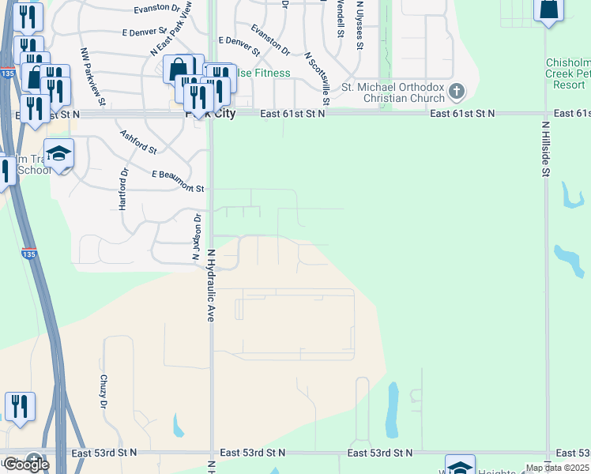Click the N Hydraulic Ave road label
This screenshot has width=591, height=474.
[211, 284]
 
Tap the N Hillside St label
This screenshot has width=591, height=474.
[545, 148]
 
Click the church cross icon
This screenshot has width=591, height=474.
[456, 92]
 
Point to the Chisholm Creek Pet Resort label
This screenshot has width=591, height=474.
[567, 73]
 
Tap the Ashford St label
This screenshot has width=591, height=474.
[138, 141]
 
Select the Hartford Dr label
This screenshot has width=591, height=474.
[123, 190]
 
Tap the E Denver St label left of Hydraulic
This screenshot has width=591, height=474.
[147, 32]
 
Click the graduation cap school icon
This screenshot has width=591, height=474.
[59, 153]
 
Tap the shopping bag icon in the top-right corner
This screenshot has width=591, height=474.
[548, 9]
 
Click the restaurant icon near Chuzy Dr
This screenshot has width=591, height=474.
[20, 406]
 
